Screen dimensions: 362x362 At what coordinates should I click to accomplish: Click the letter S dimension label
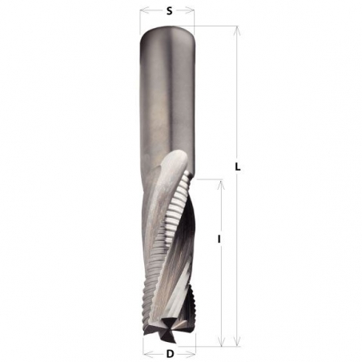click(169, 11)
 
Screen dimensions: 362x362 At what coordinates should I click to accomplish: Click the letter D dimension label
click(170, 354)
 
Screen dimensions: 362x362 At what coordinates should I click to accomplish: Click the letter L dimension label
click(238, 167)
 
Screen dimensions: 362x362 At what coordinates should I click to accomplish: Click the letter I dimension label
click(219, 239)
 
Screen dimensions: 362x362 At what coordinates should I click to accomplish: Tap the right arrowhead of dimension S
click(188, 11)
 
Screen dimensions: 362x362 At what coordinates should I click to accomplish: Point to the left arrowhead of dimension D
click(149, 354)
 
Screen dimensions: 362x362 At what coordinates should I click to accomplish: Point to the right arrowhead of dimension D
click(190, 354)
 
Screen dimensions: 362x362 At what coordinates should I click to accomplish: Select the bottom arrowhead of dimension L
click(236, 339)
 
